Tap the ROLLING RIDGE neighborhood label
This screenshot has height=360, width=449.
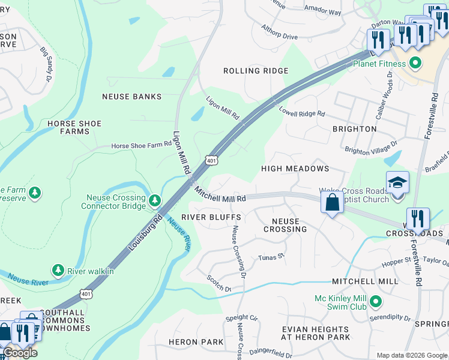pyautogui.click(x=256, y=71)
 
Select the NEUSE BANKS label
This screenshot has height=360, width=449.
pyautogui.click(x=132, y=97)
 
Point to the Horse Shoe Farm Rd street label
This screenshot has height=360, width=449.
pyautogui.click(x=142, y=146)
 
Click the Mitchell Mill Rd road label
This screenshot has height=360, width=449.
pyautogui.click(x=220, y=194)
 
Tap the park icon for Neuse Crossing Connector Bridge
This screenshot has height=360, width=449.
pyautogui.click(x=155, y=199)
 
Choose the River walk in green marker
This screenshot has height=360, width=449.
pyautogui.click(x=58, y=271)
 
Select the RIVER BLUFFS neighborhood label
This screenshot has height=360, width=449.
pyautogui.click(x=211, y=217)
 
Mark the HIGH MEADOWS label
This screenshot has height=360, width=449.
pyautogui.click(x=295, y=169)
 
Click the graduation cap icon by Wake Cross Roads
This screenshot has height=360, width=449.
pyautogui.click(x=397, y=182)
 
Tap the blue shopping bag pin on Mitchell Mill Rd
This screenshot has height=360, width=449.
pyautogui.click(x=332, y=202)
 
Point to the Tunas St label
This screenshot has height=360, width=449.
pyautogui.click(x=270, y=257)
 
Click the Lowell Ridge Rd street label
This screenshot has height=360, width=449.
pyautogui.click(x=302, y=111)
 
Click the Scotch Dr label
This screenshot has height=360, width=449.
pyautogui.click(x=219, y=284)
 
